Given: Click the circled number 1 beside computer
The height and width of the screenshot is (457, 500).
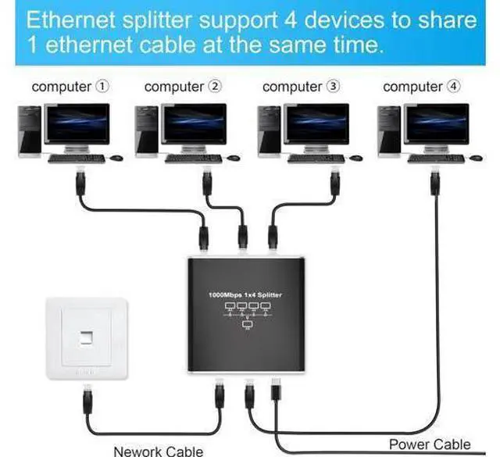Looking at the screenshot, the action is pyautogui.click(x=102, y=86).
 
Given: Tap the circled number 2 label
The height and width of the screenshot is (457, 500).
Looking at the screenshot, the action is pyautogui.click(x=215, y=86).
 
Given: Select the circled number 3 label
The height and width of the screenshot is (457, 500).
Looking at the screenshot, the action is pyautogui.click(x=334, y=86).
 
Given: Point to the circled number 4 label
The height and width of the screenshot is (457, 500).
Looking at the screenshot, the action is pyautogui.click(x=454, y=86).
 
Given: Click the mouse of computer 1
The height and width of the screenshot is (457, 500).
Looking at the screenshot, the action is pyautogui.click(x=116, y=158).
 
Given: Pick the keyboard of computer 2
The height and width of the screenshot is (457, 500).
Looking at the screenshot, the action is pyautogui.click(x=194, y=159).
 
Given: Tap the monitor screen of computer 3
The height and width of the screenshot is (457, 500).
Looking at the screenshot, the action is pyautogui.click(x=316, y=123).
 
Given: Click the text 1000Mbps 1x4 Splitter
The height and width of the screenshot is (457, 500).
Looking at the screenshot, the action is pyautogui.click(x=245, y=295).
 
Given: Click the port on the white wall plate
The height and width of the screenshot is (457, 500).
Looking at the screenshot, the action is pyautogui.click(x=86, y=337).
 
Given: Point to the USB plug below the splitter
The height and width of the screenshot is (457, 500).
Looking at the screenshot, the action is pyautogui.click(x=276, y=389).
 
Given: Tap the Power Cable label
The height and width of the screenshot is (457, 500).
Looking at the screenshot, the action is pyautogui.click(x=430, y=445).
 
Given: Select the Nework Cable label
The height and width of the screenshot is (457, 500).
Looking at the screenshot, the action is pyautogui.click(x=158, y=452).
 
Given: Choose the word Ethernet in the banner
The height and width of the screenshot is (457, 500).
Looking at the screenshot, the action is pyautogui.click(x=70, y=20).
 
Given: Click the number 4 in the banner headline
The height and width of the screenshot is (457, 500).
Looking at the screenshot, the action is pyautogui.click(x=291, y=20).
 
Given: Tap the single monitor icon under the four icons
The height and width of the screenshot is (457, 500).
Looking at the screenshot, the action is pyautogui.click(x=248, y=325).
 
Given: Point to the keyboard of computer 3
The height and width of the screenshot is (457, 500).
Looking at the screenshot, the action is pyautogui.click(x=316, y=159).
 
